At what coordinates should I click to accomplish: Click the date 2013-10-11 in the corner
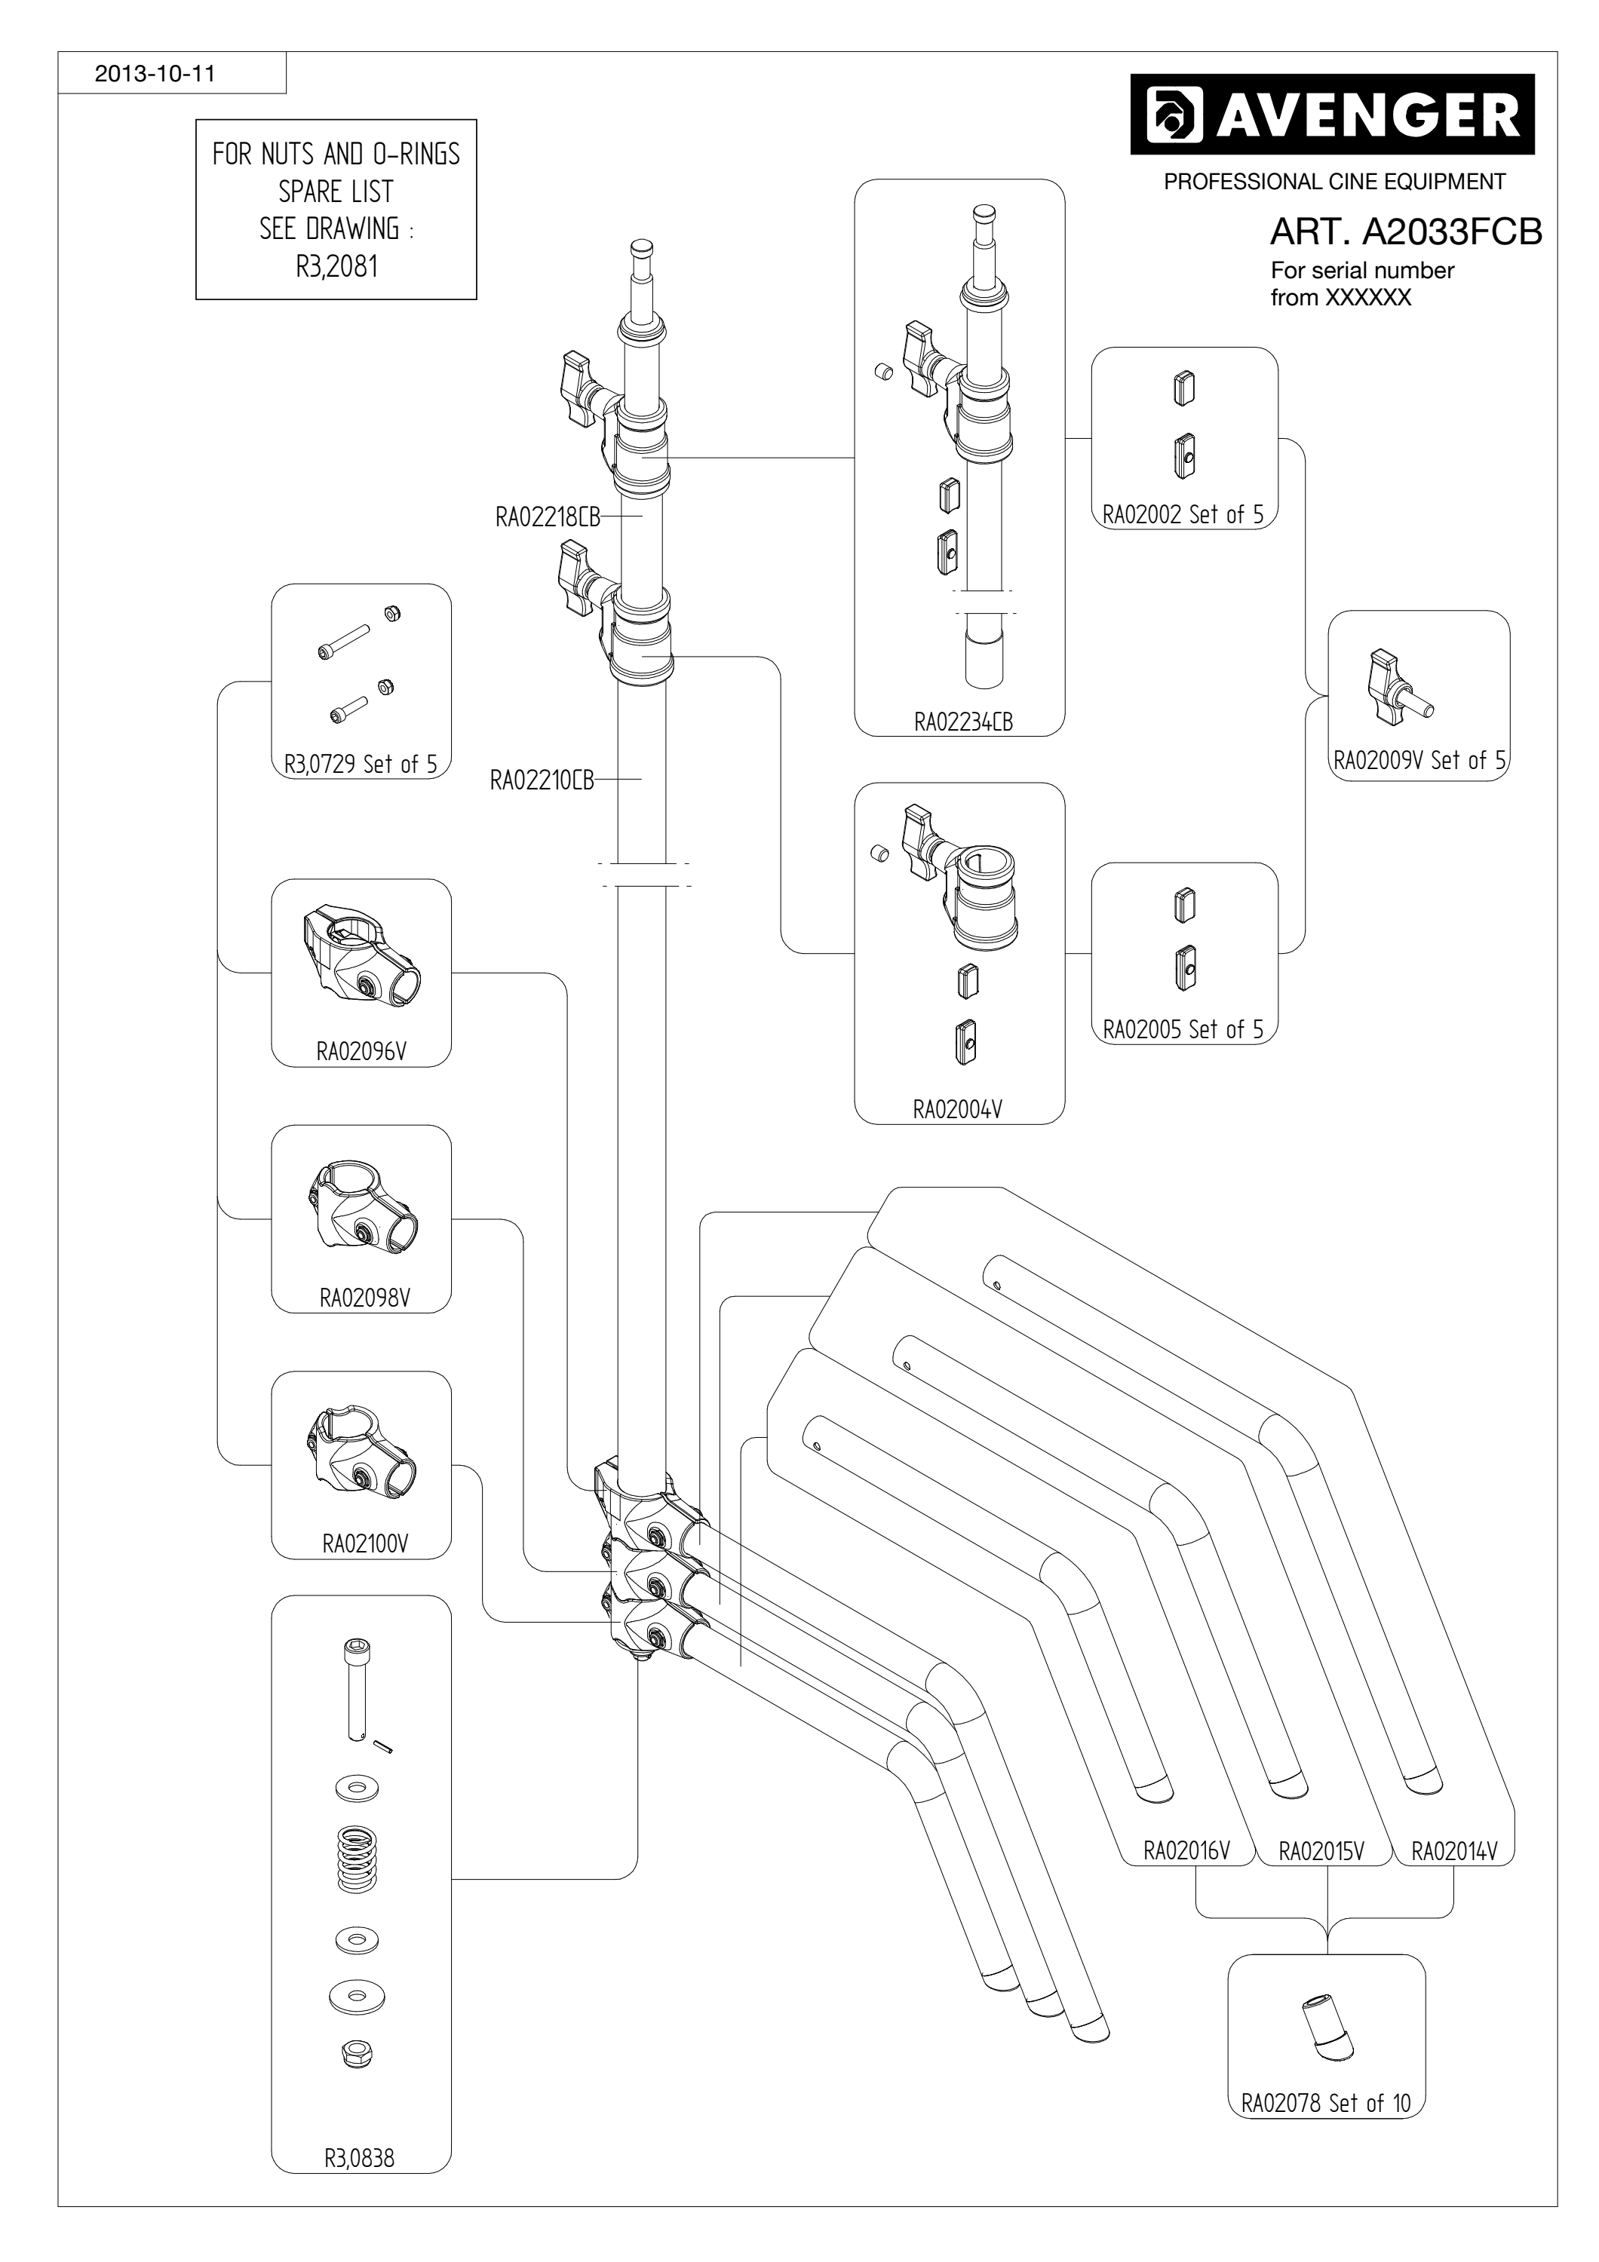point(155,74)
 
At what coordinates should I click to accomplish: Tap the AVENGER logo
point(1332,115)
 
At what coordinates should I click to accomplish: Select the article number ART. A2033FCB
point(1406,231)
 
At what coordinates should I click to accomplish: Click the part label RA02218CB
point(548,516)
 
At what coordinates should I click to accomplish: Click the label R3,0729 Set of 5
point(361,764)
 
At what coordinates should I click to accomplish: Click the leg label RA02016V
point(1186,1850)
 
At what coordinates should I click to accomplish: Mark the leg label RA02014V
point(1454,1850)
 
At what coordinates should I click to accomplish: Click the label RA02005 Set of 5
point(1183,1029)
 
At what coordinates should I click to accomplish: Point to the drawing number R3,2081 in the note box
point(337,266)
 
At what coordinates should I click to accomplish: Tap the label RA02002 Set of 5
point(1183,514)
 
